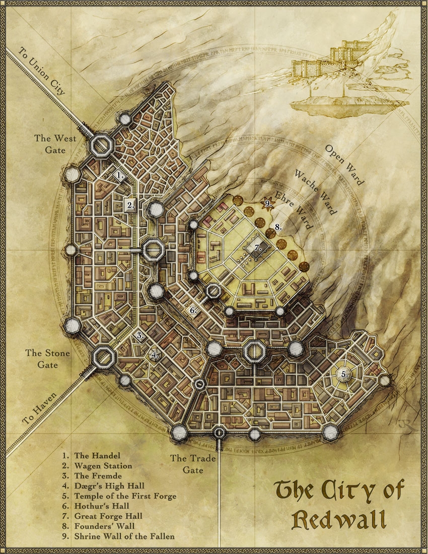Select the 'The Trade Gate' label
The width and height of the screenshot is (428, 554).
pyautogui.click(x=193, y=464)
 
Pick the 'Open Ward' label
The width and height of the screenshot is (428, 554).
pyautogui.click(x=344, y=165)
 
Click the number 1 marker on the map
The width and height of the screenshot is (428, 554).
pyautogui.click(x=120, y=175)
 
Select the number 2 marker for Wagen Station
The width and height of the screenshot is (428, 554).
pyautogui.click(x=131, y=205)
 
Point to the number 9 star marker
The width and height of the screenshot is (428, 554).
pyautogui.click(x=268, y=203)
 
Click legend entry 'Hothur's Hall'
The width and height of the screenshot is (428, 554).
pyautogui.click(x=102, y=506)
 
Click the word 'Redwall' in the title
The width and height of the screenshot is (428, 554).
pyautogui.click(x=338, y=519)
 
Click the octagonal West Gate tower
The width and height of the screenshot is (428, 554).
pyautogui.click(x=102, y=146)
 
